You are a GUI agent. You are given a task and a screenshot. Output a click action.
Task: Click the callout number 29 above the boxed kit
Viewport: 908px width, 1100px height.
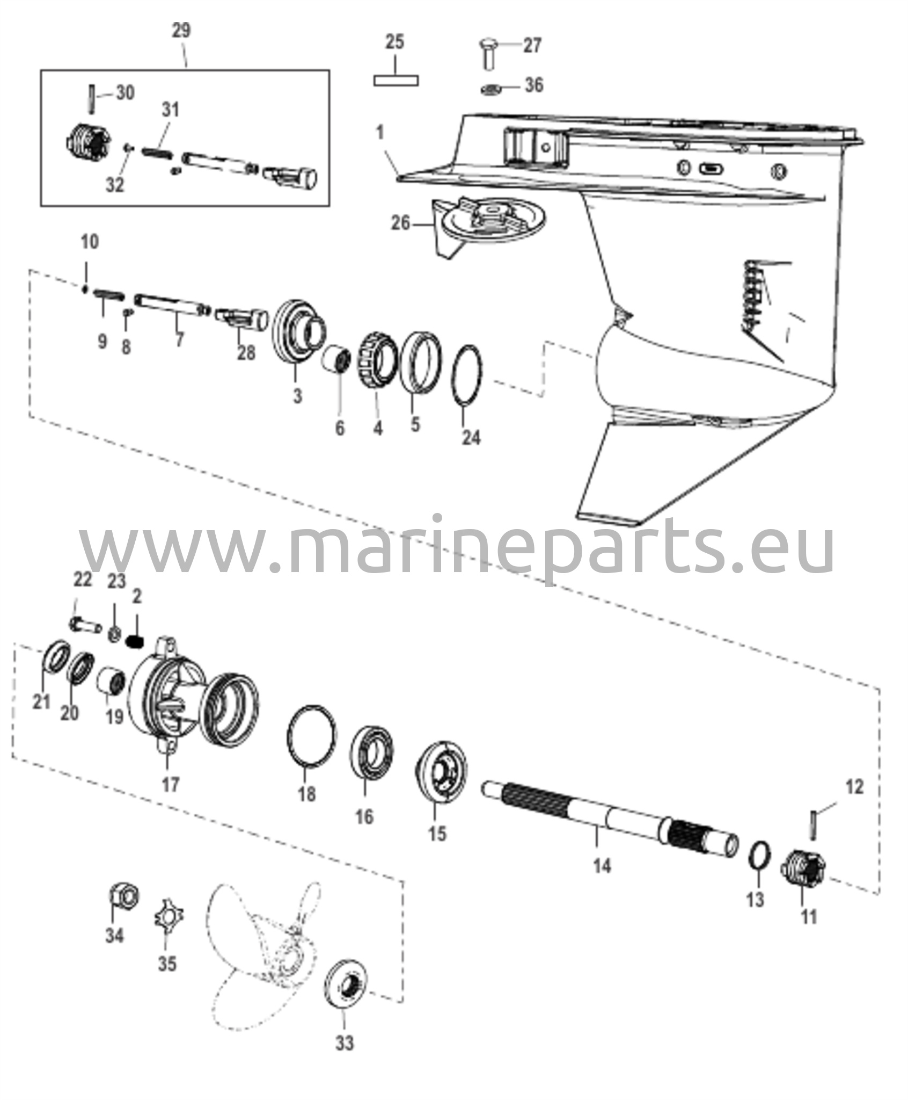click(x=181, y=31)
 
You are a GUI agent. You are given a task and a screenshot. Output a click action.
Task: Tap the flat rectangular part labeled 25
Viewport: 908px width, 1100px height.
click(x=396, y=81)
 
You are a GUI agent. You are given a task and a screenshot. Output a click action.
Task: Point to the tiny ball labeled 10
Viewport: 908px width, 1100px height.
click(x=85, y=290)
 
